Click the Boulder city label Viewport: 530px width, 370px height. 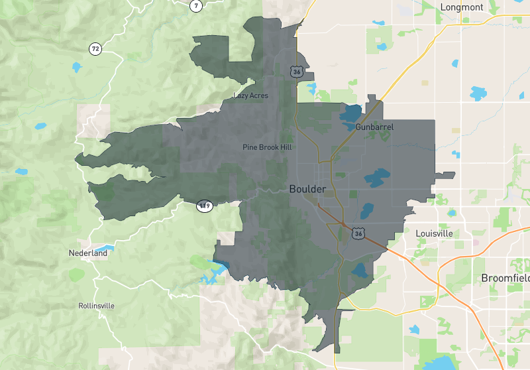(307, 189)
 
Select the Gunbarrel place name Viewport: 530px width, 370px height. (374, 126)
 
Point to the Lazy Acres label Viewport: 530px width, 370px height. (250, 95)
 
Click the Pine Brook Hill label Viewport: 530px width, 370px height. (267, 147)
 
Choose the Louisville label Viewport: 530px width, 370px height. (434, 234)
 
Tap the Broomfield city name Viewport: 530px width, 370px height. (505, 278)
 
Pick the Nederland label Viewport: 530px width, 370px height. (87, 253)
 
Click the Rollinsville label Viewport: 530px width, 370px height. (96, 306)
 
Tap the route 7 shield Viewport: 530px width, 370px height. (195, 6)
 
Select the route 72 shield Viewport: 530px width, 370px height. (96, 48)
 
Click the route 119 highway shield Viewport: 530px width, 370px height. (205, 206)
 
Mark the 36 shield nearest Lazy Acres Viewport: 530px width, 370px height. (295, 70)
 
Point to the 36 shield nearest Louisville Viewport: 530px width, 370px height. (358, 233)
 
